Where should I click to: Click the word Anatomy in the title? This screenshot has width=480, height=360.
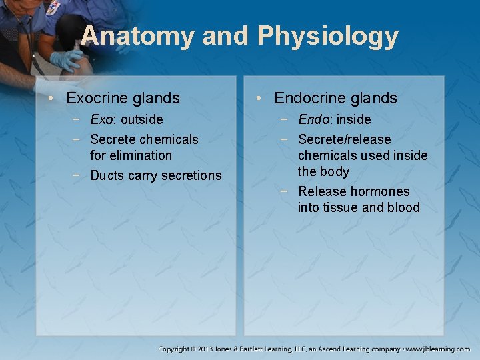(x=137, y=36)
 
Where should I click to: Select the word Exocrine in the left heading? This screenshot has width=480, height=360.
(x=98, y=99)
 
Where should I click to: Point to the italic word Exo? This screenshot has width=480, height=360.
(x=101, y=120)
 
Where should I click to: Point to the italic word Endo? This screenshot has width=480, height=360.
(x=313, y=120)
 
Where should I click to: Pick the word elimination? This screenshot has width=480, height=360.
(x=131, y=155)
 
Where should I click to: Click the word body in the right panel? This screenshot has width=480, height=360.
(x=335, y=172)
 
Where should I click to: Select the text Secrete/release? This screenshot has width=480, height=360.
(x=344, y=140)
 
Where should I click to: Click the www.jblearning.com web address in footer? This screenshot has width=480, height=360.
(x=439, y=349)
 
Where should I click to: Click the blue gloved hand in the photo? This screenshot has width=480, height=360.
(x=67, y=61)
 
